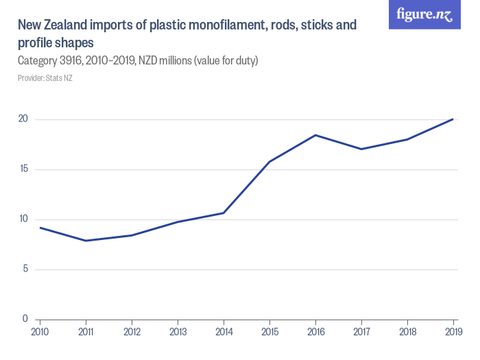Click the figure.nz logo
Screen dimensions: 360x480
(424, 14)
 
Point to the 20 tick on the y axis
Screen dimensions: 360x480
(23, 119)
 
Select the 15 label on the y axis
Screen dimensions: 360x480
(23, 169)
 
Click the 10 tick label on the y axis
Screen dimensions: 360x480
(23, 219)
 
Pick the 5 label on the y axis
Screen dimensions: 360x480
(25, 269)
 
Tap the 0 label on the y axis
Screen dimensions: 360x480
(25, 319)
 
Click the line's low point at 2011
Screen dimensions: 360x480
(86, 241)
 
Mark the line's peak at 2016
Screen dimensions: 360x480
(315, 135)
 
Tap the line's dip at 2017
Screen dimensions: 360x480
(361, 149)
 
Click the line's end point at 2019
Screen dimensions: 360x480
(453, 119)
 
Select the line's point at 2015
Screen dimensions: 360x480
(269, 162)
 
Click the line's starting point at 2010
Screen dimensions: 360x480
(40, 228)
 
